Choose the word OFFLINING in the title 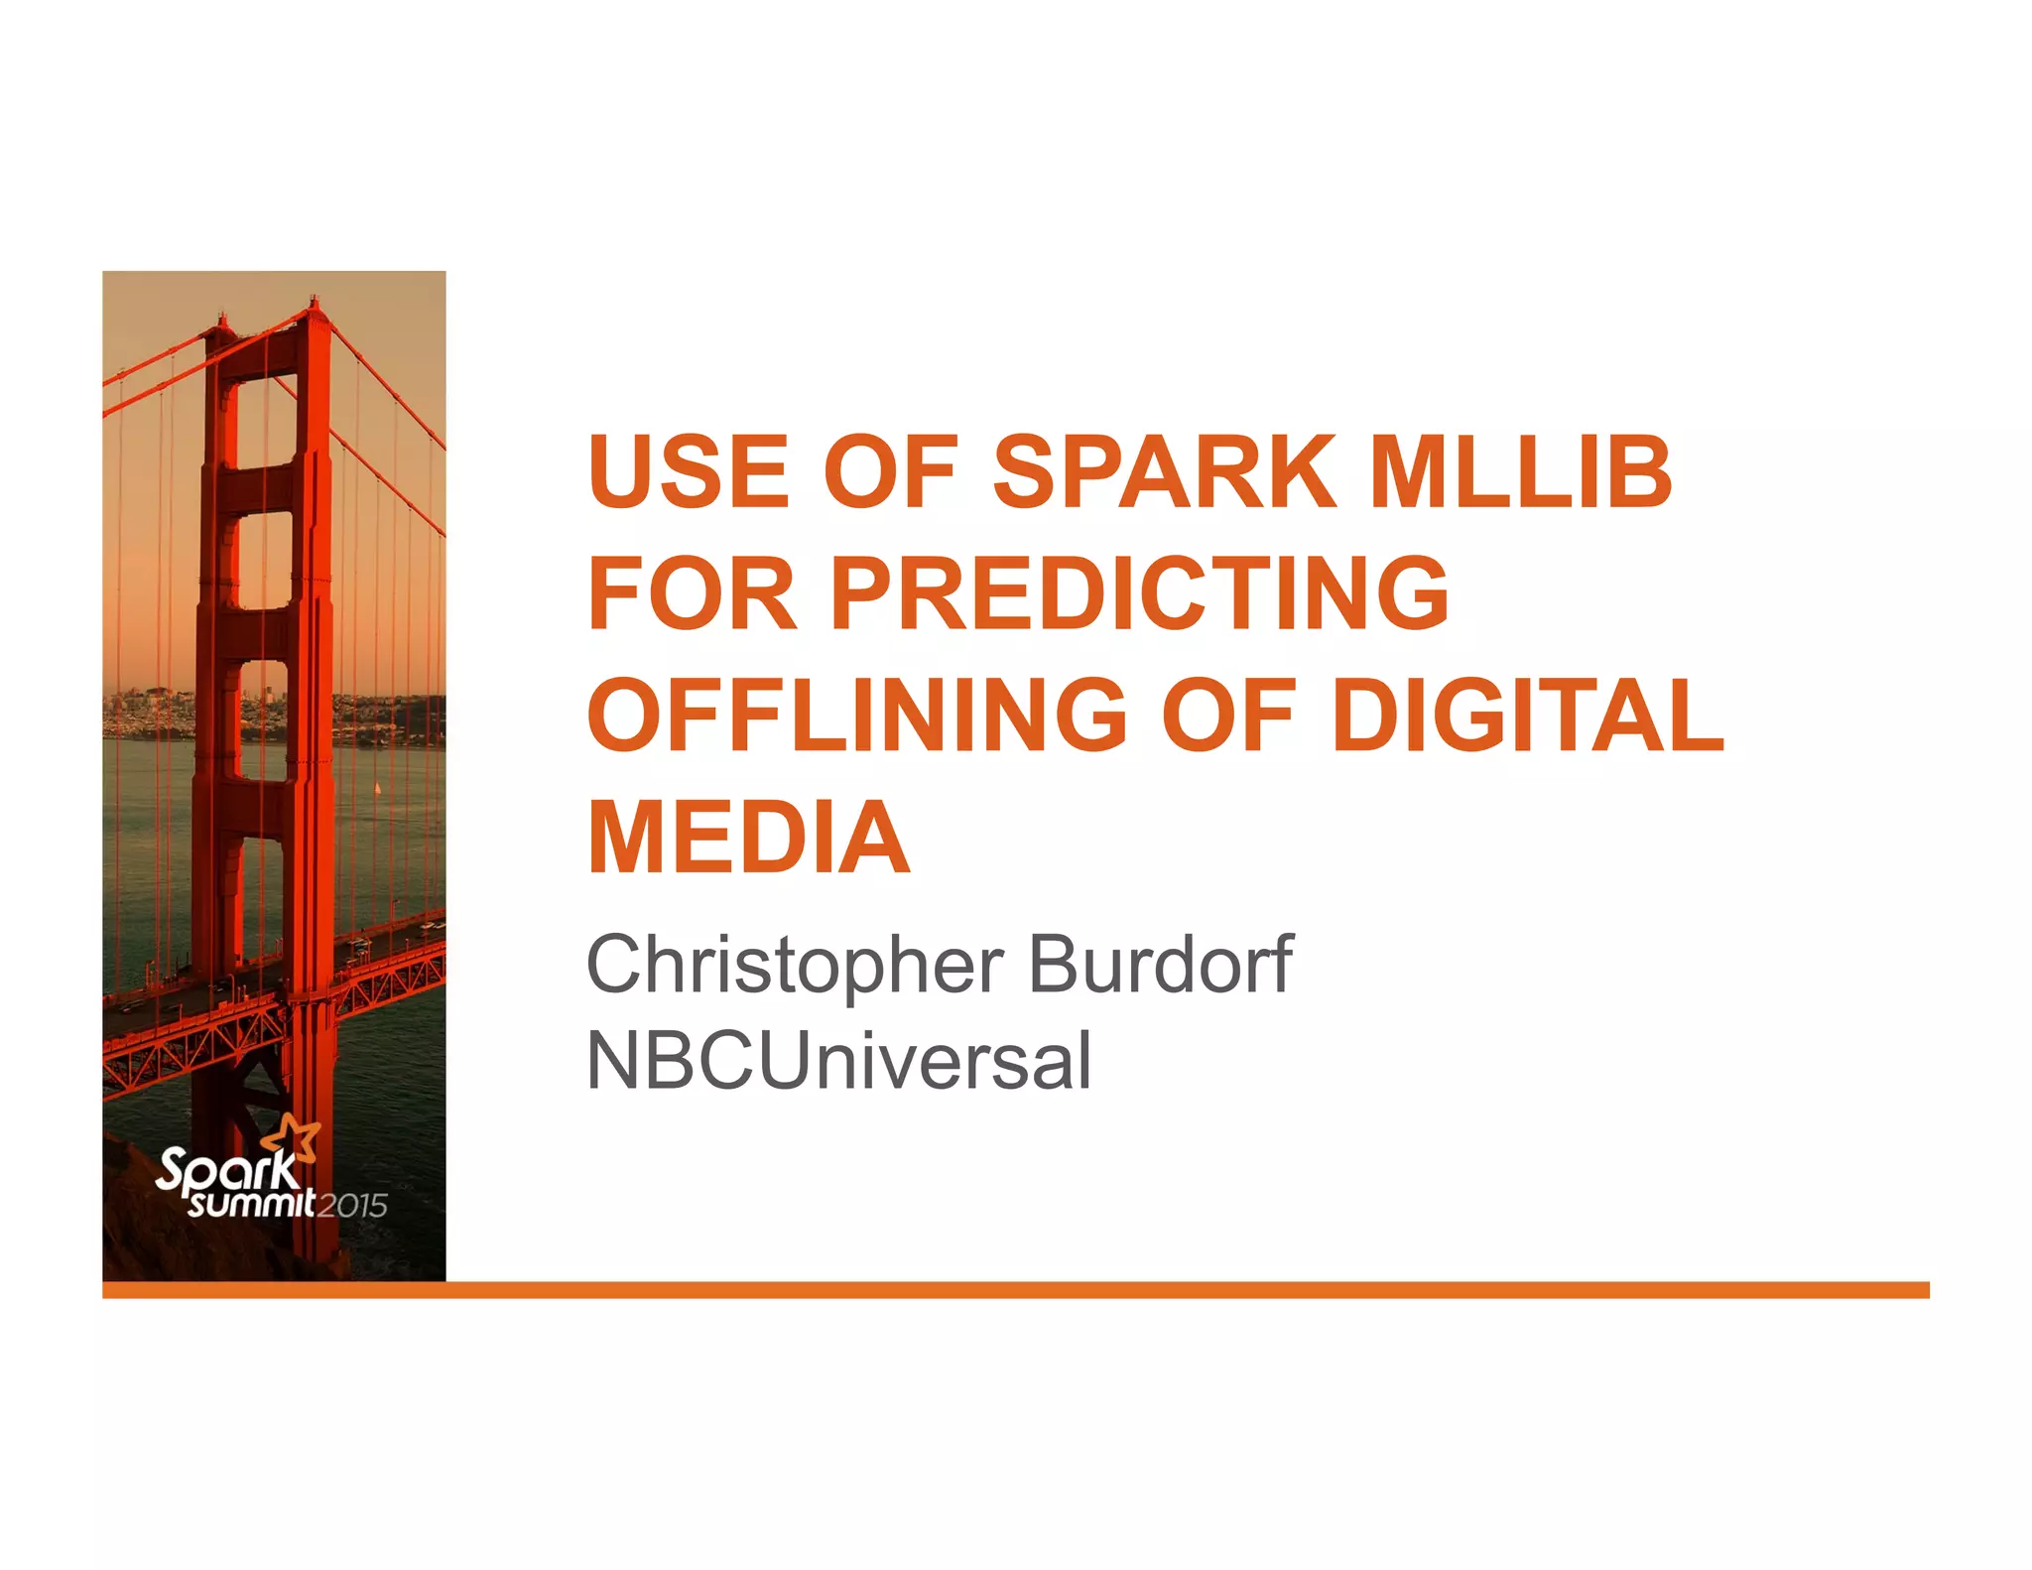click(857, 716)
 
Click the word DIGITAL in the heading click(1527, 716)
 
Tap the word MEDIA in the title click(749, 838)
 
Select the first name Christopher click(795, 965)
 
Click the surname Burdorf click(1160, 965)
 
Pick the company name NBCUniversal click(839, 1061)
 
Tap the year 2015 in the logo click(352, 1206)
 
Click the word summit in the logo click(252, 1204)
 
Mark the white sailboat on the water click(377, 789)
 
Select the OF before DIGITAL click(1228, 716)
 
